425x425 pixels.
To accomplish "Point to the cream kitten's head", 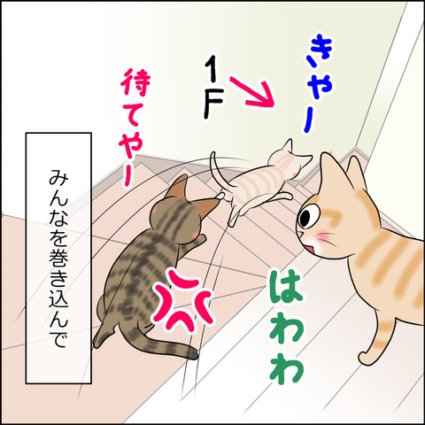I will click(289, 157).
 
